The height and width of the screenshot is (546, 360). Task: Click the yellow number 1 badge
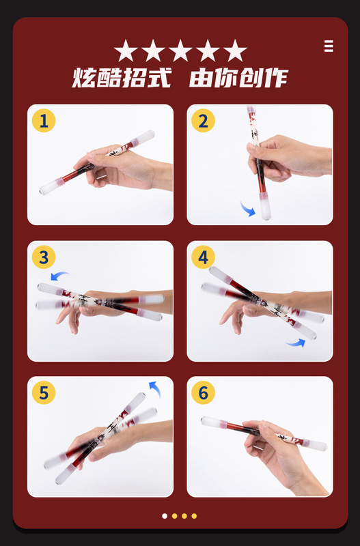pyautogui.click(x=44, y=121)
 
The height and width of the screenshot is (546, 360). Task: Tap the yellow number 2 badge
pyautogui.click(x=203, y=121)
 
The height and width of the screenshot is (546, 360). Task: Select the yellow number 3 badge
pyautogui.click(x=44, y=257)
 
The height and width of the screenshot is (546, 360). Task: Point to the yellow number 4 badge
pyautogui.click(x=203, y=257)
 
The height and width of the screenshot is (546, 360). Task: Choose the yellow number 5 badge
pyautogui.click(x=44, y=392)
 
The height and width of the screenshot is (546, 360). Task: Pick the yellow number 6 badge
pyautogui.click(x=203, y=392)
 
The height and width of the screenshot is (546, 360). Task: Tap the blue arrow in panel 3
pyautogui.click(x=59, y=275)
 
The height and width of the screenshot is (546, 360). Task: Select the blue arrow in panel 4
pyautogui.click(x=296, y=343)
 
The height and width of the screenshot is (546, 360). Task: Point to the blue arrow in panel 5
pyautogui.click(x=156, y=388)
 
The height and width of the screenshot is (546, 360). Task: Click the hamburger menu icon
pyautogui.click(x=329, y=46)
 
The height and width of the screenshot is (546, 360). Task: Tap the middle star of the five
pyautogui.click(x=180, y=51)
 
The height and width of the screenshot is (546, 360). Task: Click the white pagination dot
pyautogui.click(x=165, y=516)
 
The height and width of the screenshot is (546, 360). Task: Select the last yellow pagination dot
pyautogui.click(x=194, y=516)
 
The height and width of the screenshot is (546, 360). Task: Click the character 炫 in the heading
pyautogui.click(x=84, y=78)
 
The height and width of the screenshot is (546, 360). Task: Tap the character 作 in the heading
pyautogui.click(x=276, y=78)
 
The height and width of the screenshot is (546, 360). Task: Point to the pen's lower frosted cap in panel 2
pyautogui.click(x=265, y=207)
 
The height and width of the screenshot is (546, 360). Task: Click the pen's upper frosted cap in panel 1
pyautogui.click(x=143, y=138)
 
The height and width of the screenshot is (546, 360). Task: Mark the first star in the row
pyautogui.click(x=126, y=51)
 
